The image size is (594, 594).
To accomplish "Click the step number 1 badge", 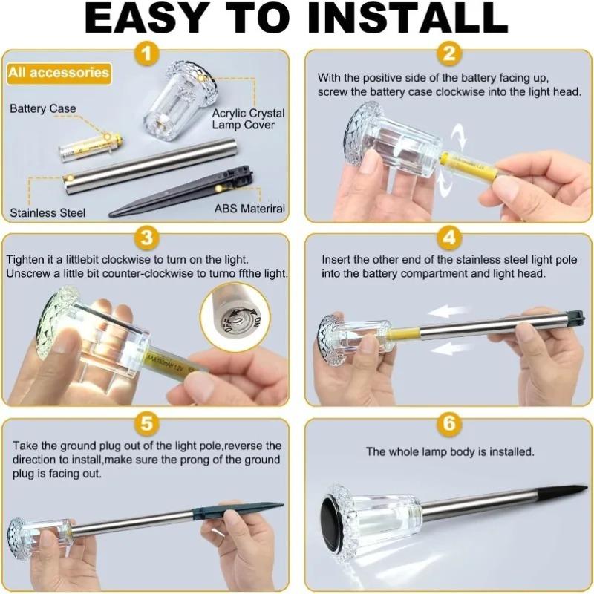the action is tap(146, 53).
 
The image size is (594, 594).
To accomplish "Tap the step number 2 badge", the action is tap(448, 53).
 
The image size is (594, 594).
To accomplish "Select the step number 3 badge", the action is tap(146, 238).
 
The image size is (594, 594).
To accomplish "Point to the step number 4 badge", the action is tap(448, 238).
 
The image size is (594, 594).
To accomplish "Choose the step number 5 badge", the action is tap(146, 423).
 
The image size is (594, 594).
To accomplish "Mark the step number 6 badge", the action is tap(448, 423).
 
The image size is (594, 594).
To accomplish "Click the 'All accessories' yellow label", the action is tap(59, 73).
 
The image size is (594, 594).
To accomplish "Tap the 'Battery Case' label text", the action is tap(43, 108).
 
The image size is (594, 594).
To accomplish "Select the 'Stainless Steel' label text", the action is tap(48, 212).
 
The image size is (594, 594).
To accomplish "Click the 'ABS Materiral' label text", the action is tap(249, 209).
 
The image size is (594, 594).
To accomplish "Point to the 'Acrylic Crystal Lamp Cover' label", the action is tap(248, 119).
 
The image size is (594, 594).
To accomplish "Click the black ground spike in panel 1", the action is tap(181, 195).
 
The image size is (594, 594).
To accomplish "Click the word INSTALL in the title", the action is tap(407, 18).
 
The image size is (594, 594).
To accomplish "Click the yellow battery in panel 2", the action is tap(470, 165).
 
